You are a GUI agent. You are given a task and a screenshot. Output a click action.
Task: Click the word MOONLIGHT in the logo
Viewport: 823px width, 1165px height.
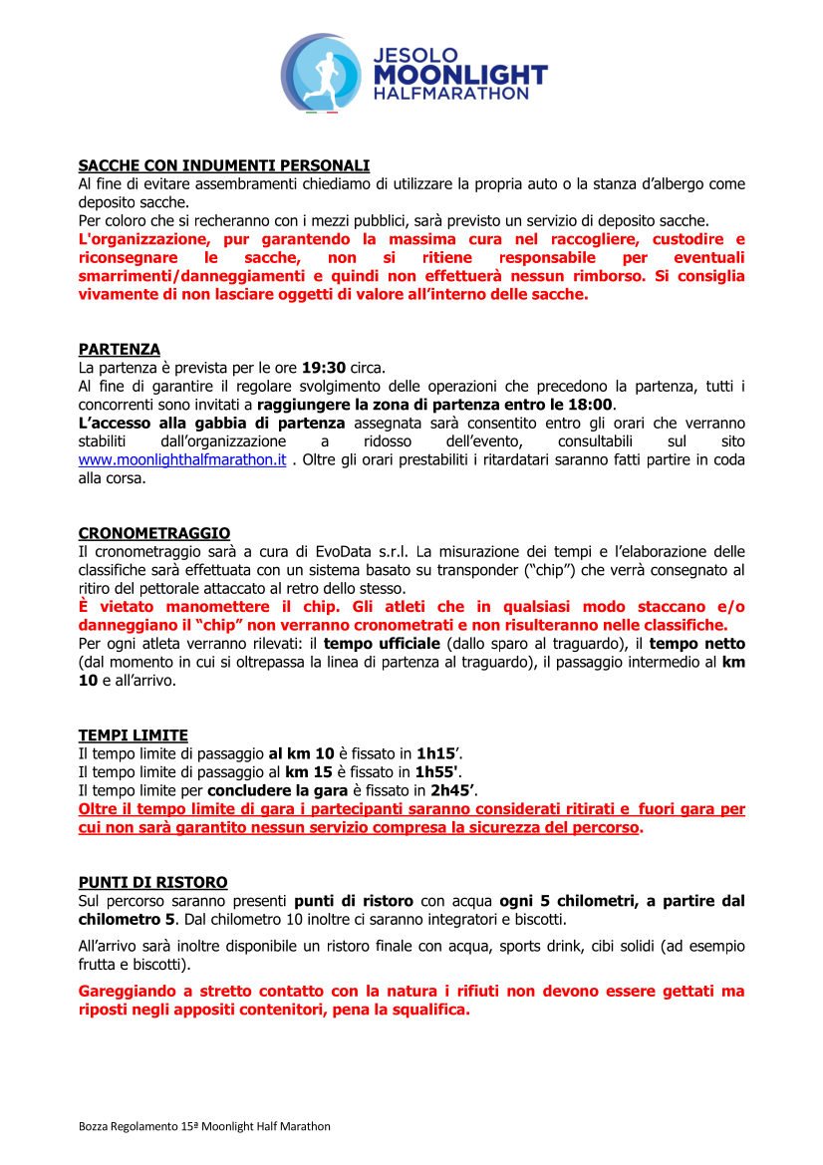pyautogui.click(x=459, y=75)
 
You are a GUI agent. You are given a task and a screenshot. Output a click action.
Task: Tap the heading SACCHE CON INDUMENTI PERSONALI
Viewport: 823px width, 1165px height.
pyautogui.click(x=224, y=165)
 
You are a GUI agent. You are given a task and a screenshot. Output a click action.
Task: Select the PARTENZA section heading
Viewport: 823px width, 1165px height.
pyautogui.click(x=120, y=350)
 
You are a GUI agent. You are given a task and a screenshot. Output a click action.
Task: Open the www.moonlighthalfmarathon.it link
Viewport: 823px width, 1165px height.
pyautogui.click(x=182, y=459)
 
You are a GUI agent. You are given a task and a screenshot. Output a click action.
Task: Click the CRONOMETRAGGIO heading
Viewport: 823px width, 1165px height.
pyautogui.click(x=154, y=534)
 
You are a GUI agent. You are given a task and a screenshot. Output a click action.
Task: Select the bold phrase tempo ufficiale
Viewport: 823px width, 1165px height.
pyautogui.click(x=383, y=644)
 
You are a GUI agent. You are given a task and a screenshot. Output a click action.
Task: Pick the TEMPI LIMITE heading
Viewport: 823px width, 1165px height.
pyautogui.click(x=134, y=736)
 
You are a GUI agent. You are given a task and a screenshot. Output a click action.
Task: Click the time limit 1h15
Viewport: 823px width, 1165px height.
pyautogui.click(x=433, y=754)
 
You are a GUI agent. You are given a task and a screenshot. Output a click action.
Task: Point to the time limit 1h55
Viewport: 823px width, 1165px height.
pyautogui.click(x=436, y=772)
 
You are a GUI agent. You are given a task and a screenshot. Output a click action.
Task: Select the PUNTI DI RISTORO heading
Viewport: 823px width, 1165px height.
pyautogui.click(x=153, y=883)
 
